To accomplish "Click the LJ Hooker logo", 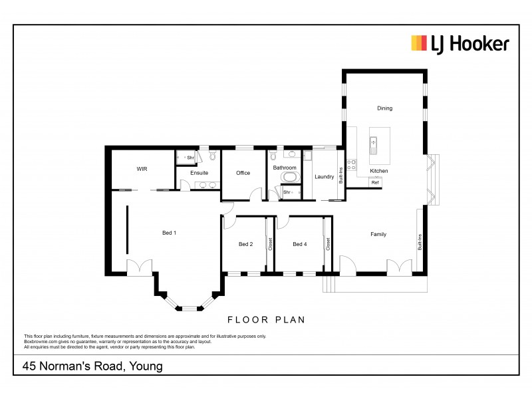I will [x=460, y=45].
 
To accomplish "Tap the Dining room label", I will [x=384, y=108].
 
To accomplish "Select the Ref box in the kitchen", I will [x=375, y=182].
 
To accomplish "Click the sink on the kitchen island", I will [x=374, y=145].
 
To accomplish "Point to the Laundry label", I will [x=324, y=177].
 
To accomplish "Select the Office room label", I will [x=243, y=173].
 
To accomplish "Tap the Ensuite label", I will [x=199, y=173].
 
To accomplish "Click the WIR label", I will [x=142, y=170].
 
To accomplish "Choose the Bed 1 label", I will [x=170, y=233].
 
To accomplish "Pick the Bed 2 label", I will [x=245, y=244].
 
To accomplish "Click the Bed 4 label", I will [x=300, y=244].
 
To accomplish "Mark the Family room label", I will [x=378, y=234].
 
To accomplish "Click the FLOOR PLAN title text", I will [x=266, y=320].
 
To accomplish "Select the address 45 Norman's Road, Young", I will [x=92, y=366].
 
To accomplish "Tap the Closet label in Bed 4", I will [x=329, y=244].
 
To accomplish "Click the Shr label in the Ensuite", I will [x=190, y=158].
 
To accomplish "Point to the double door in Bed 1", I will [x=140, y=266].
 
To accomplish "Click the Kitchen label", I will [x=378, y=171].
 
